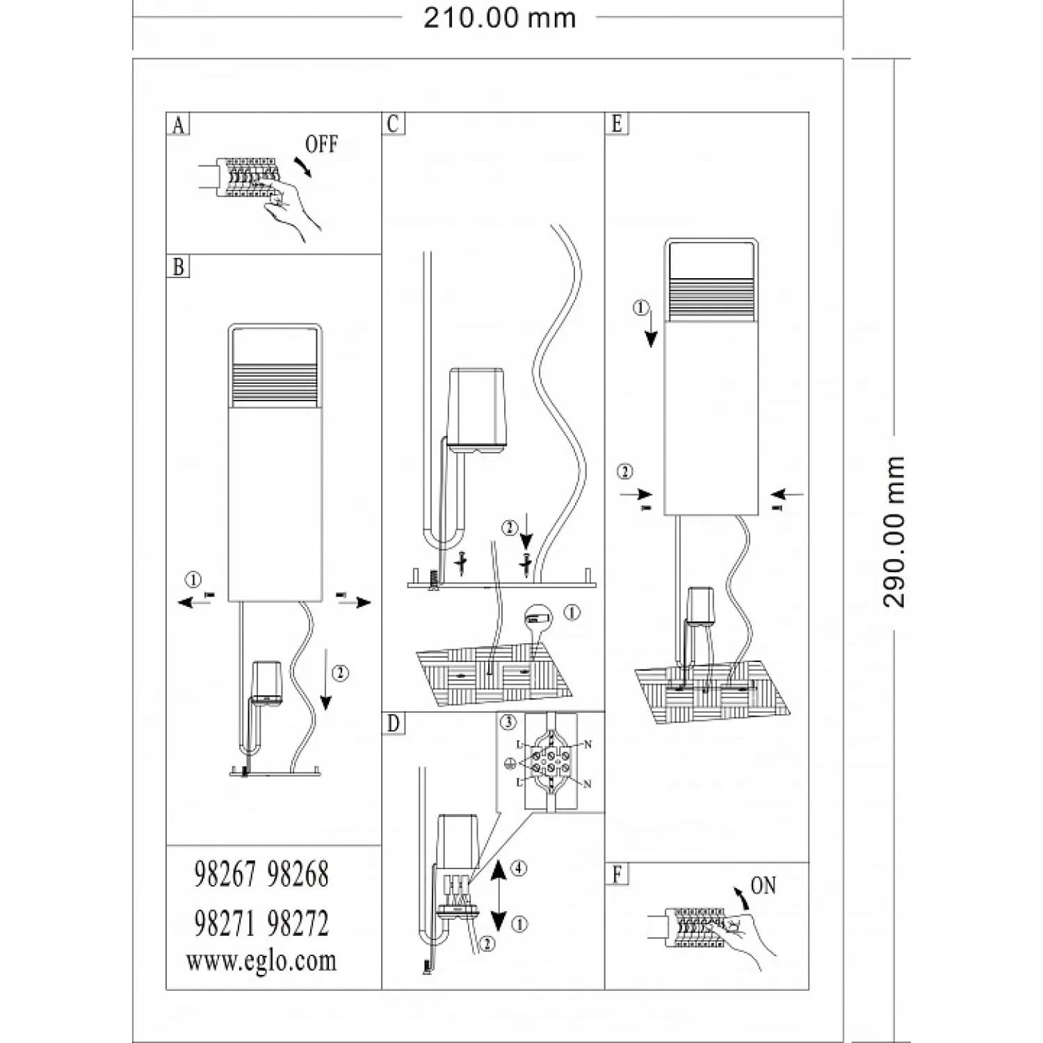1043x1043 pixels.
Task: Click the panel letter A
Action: [179, 125]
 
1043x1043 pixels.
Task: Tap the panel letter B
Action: [179, 267]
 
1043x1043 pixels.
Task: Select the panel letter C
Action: [393, 124]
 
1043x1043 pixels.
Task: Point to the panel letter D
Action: [393, 724]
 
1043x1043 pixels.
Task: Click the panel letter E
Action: [617, 124]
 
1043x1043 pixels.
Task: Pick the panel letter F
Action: [617, 875]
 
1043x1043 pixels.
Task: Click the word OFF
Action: [321, 145]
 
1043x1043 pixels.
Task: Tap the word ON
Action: [763, 886]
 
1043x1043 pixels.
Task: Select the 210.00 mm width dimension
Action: [500, 18]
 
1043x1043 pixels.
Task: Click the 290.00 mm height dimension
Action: [894, 532]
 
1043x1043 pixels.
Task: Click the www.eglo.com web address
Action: [261, 961]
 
